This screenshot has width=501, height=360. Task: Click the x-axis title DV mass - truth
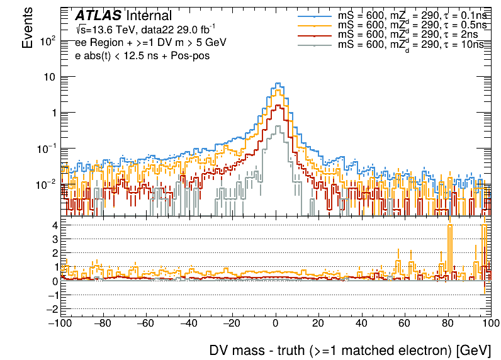(349, 350)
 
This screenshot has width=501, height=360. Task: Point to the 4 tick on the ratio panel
(55, 225)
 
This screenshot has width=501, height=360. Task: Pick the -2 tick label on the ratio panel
(53, 309)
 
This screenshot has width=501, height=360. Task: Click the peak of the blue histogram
(278, 83)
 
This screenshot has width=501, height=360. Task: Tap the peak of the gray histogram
(278, 127)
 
